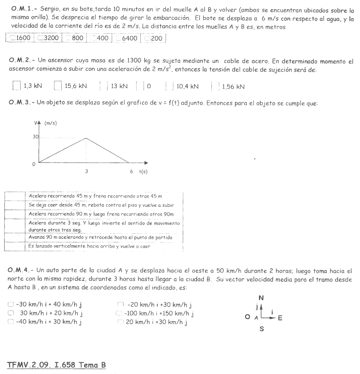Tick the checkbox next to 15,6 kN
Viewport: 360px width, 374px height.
(58, 86)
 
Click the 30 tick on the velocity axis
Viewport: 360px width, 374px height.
(35, 137)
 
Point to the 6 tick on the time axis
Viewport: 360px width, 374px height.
(132, 171)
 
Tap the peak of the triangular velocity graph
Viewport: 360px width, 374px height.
(86, 138)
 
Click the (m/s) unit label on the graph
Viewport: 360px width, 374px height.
(51, 123)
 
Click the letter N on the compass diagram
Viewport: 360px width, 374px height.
(261, 298)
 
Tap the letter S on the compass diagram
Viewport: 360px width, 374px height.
(262, 329)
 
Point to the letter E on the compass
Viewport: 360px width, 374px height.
(280, 318)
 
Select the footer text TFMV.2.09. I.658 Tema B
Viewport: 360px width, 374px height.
(57, 365)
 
